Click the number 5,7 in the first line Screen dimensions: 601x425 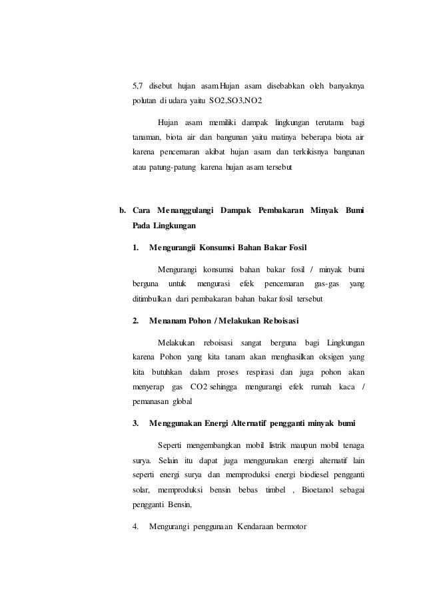(x=138, y=86)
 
